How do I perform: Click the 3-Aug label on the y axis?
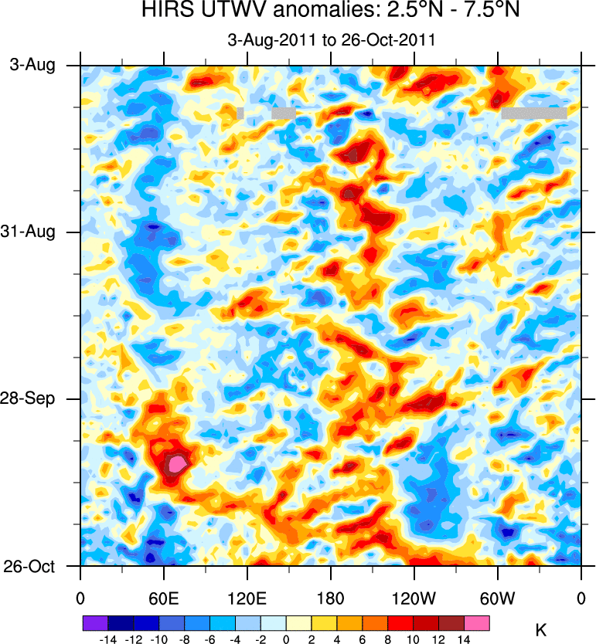click(32, 66)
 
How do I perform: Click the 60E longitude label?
click(164, 598)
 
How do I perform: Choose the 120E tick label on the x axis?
click(247, 598)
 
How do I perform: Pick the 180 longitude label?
click(331, 598)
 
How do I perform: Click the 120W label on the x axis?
click(414, 598)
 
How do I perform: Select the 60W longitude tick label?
click(497, 598)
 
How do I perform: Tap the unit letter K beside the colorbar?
click(541, 632)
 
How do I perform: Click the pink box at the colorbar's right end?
click(477, 622)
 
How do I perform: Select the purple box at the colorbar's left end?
click(94, 622)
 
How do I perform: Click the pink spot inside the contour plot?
click(177, 463)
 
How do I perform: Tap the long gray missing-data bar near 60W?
click(533, 114)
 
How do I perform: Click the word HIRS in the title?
click(165, 12)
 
